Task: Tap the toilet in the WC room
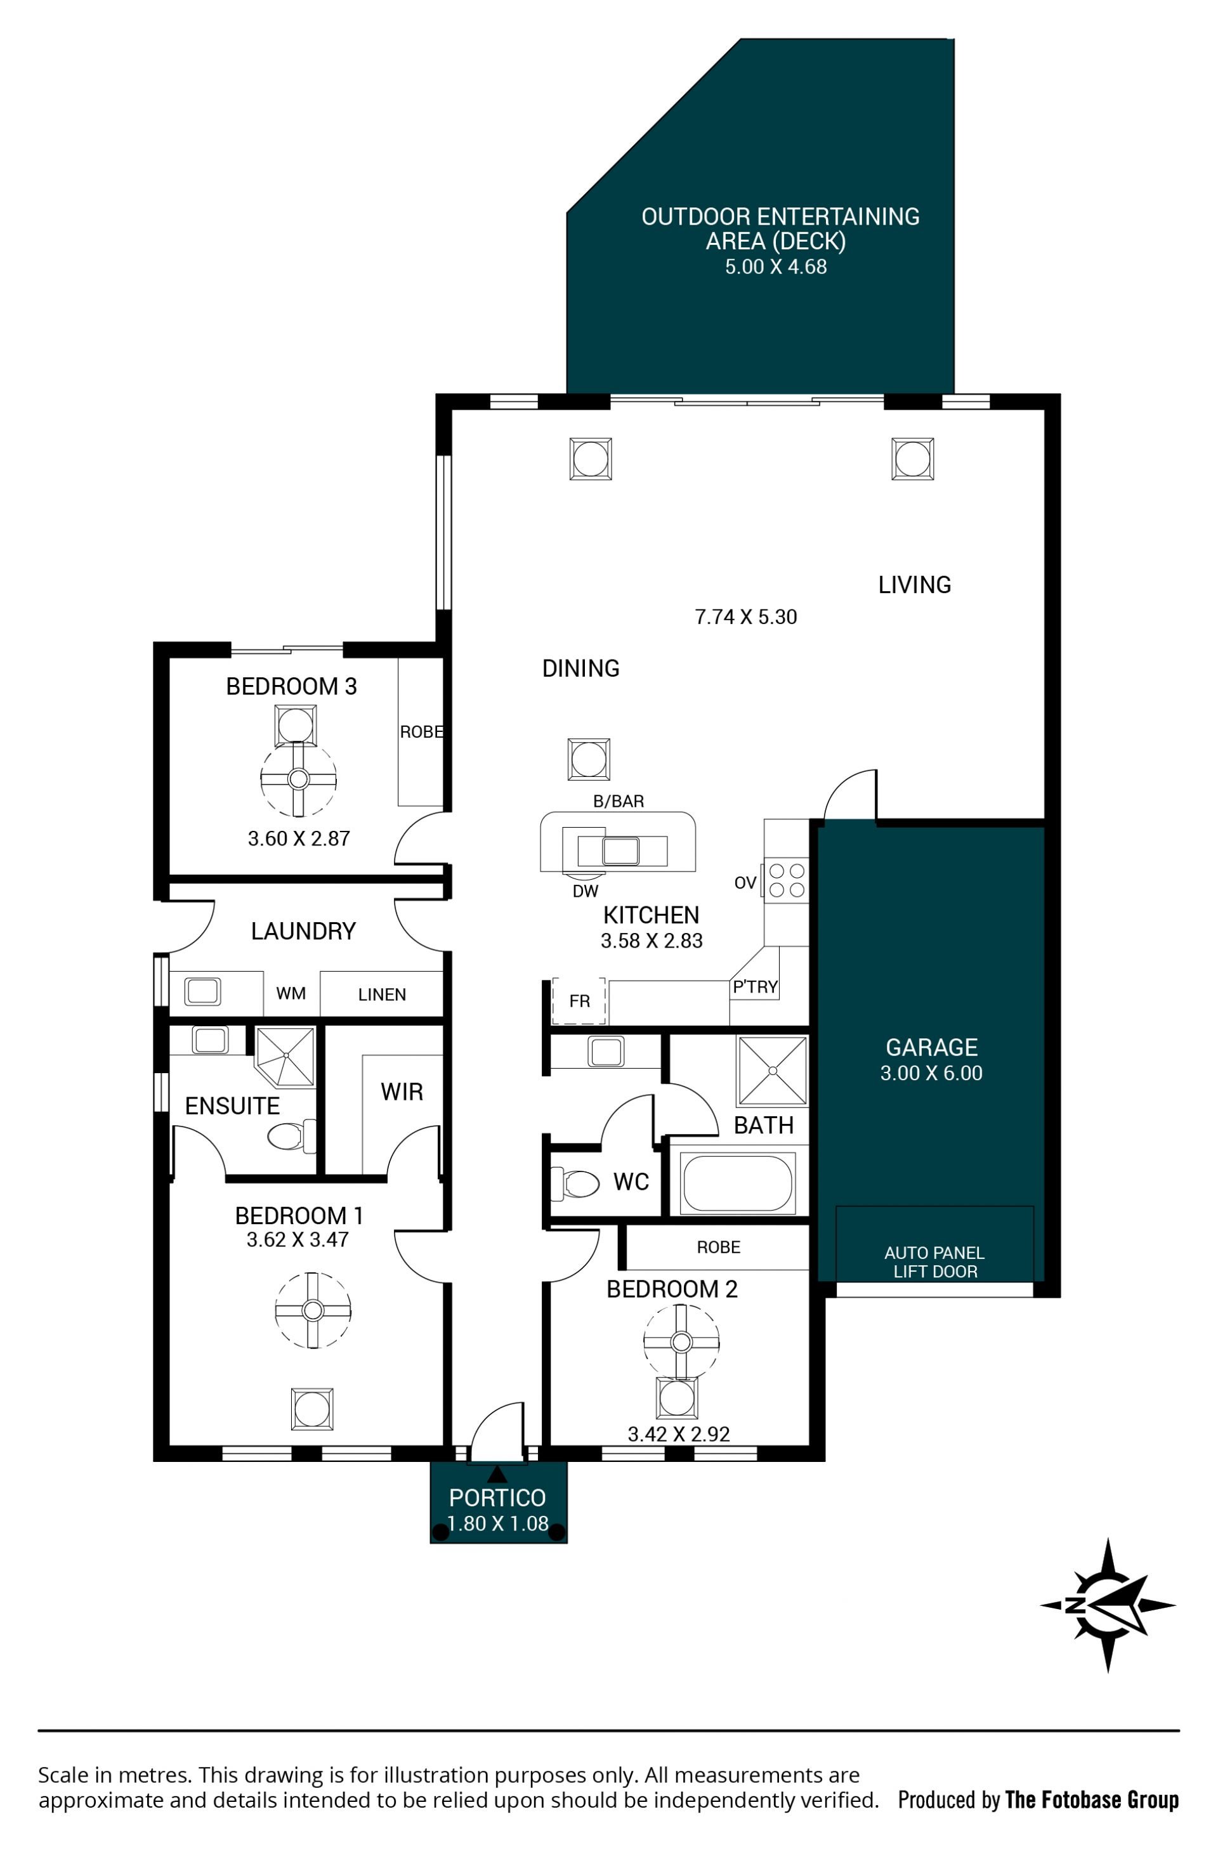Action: pyautogui.click(x=574, y=1184)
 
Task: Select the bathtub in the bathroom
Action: pyautogui.click(x=737, y=1183)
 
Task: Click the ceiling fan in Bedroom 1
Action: pyautogui.click(x=313, y=1310)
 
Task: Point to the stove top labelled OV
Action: pyautogui.click(x=786, y=880)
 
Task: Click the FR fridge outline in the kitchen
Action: pyautogui.click(x=579, y=1001)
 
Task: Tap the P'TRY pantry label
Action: pyautogui.click(x=755, y=987)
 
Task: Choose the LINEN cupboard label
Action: pyautogui.click(x=381, y=994)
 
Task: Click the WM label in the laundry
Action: pyautogui.click(x=291, y=993)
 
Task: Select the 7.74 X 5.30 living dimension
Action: pyautogui.click(x=745, y=617)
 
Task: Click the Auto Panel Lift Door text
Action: pyautogui.click(x=934, y=1262)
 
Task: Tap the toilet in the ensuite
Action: pyautogui.click(x=291, y=1137)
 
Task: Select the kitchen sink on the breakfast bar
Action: pyautogui.click(x=620, y=851)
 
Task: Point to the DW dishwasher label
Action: pyautogui.click(x=586, y=892)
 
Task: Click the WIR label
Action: pyautogui.click(x=402, y=1092)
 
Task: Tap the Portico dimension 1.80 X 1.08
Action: pyautogui.click(x=497, y=1523)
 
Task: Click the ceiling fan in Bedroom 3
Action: pyautogui.click(x=298, y=778)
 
